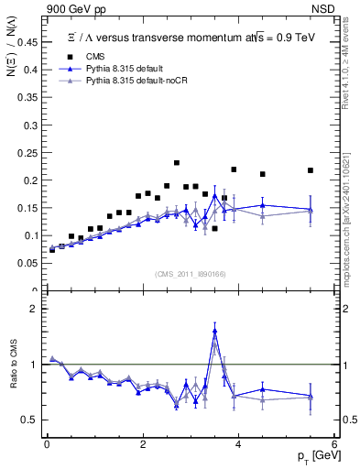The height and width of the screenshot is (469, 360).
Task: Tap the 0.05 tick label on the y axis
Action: pyautogui.click(x=29, y=264)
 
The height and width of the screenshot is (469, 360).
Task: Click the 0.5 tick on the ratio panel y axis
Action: pyautogui.click(x=32, y=420)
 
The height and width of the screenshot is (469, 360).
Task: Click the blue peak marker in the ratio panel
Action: pyautogui.click(x=214, y=331)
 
